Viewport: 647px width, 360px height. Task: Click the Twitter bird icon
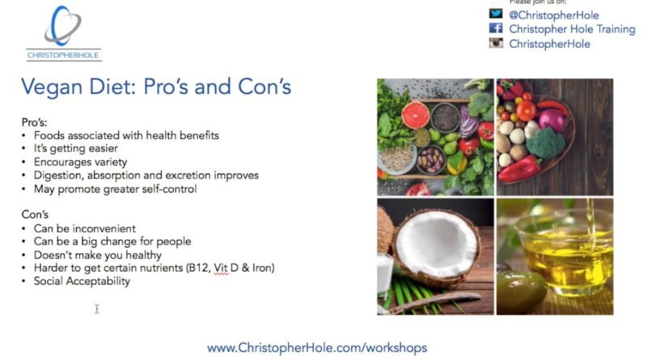point(496,14)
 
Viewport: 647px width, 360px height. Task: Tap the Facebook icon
point(496,28)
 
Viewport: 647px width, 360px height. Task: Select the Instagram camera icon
point(496,43)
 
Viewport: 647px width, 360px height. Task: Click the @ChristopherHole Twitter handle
point(554,15)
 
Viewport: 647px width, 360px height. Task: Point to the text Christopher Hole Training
point(572,29)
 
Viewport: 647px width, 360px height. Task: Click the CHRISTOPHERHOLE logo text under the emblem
point(63,55)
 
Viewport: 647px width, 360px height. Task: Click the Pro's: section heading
point(34,122)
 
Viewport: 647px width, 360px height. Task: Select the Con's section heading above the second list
point(35,214)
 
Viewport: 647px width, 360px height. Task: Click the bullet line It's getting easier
point(76,148)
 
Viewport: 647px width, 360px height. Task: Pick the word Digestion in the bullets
point(58,176)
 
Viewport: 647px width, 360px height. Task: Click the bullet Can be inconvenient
point(85,228)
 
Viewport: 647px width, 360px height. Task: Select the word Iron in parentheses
point(263,268)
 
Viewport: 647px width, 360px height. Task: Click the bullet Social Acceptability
point(82,282)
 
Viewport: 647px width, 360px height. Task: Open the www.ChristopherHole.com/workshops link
point(317,348)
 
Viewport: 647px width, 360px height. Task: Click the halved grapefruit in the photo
point(415,114)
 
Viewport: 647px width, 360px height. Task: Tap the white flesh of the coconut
point(437,243)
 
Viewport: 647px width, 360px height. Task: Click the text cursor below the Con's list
point(97,309)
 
